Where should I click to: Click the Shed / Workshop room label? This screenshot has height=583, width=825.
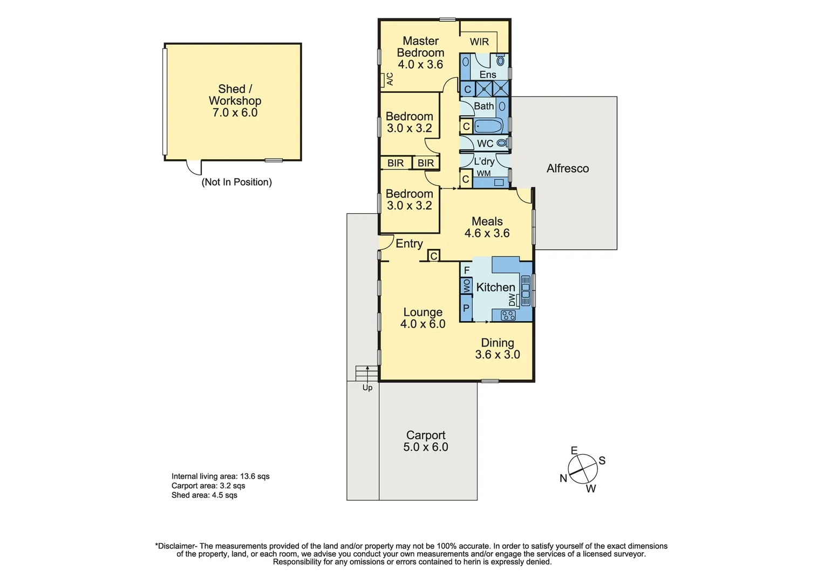[x=235, y=101]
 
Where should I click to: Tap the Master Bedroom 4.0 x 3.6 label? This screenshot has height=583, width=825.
[x=420, y=53]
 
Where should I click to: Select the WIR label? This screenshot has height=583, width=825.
[x=479, y=42]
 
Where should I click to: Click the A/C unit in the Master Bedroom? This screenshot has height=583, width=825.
[x=387, y=79]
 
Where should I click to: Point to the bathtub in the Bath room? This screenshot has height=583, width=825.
[x=488, y=126]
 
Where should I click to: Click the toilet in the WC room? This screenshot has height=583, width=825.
[x=502, y=143]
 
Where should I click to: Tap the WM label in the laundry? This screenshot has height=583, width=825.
[x=483, y=173]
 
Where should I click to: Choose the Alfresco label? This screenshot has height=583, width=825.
[x=568, y=168]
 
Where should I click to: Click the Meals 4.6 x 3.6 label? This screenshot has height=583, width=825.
[x=487, y=227]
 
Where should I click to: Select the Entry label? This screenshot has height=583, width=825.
[x=409, y=243]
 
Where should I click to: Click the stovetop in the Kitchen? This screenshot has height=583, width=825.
[x=508, y=315]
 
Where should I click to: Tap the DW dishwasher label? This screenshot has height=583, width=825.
[x=512, y=300]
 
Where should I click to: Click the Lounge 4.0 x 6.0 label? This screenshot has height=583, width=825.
[x=422, y=318]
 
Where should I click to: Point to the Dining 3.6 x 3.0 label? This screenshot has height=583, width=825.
[x=497, y=349]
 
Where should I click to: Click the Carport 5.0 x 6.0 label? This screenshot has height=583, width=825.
[x=426, y=441]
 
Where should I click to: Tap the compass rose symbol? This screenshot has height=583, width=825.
[x=583, y=469]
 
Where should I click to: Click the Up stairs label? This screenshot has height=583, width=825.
[x=367, y=388]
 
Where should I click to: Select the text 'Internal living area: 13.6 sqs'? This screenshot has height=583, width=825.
[x=220, y=476]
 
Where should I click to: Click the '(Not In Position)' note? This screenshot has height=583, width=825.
[x=236, y=182]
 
